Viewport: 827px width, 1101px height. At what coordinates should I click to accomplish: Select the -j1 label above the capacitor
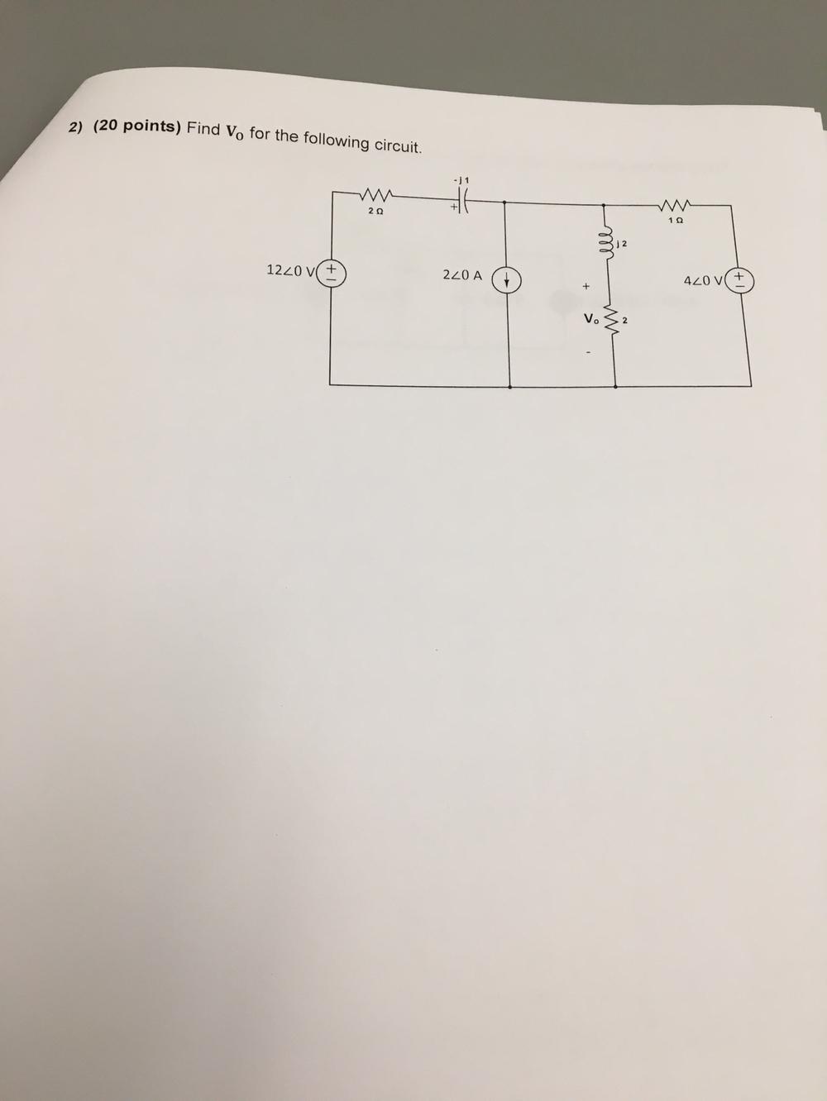point(461,178)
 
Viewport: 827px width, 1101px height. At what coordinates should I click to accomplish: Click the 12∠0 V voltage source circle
point(332,272)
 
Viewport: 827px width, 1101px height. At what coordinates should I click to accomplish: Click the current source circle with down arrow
point(506,280)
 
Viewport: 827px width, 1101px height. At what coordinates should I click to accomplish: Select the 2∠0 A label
point(462,274)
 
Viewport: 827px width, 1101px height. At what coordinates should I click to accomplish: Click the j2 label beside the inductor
point(623,244)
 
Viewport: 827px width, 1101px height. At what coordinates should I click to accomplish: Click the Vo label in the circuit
point(591,318)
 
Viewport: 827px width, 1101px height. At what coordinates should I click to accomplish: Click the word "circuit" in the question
point(398,146)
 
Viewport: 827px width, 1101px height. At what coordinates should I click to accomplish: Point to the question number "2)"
point(77,126)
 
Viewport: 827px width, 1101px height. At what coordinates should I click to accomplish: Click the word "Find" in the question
point(203,129)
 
